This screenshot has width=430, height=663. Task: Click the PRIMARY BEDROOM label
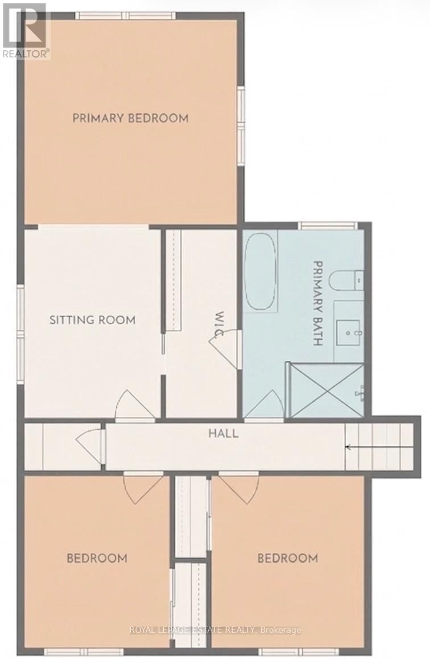130,118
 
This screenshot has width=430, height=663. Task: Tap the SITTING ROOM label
92,320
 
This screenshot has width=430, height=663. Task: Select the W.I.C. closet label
218,324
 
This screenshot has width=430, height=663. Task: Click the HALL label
223,434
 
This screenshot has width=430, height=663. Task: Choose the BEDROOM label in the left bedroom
97,558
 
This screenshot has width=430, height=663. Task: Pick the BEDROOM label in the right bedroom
287,558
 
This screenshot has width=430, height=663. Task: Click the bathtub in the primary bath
261,272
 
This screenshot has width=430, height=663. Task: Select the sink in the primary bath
348,331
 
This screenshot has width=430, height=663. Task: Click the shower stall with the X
326,390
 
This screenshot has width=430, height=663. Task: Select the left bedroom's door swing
144,487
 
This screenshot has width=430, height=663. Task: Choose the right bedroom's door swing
238,487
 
